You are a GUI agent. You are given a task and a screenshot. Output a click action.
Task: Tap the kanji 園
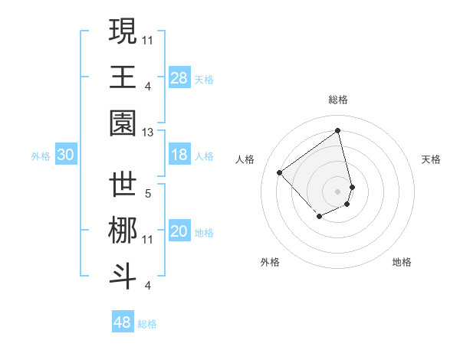click(x=123, y=123)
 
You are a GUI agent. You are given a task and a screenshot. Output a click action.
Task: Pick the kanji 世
click(x=123, y=186)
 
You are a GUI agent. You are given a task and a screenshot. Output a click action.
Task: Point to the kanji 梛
click(x=123, y=232)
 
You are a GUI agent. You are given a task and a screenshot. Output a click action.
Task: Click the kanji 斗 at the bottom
click(x=123, y=278)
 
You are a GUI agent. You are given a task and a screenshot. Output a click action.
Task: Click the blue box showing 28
click(x=179, y=77)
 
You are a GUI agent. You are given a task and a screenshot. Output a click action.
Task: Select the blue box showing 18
click(x=179, y=155)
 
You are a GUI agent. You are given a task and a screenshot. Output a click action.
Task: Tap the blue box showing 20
click(x=179, y=232)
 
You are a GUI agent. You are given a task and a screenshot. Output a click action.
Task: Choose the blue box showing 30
click(x=66, y=155)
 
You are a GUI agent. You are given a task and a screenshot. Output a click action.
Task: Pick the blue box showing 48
click(x=123, y=322)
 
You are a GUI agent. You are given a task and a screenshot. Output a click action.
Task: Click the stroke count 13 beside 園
click(x=147, y=133)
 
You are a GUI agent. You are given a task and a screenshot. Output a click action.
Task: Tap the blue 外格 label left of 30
click(x=41, y=155)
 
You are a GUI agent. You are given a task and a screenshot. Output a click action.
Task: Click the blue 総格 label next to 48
click(x=147, y=324)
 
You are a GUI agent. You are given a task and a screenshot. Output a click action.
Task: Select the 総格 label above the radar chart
click(x=337, y=100)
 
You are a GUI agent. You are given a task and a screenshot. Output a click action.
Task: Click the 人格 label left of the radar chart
click(x=245, y=159)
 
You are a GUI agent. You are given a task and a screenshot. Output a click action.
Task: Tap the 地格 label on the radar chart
click(x=402, y=262)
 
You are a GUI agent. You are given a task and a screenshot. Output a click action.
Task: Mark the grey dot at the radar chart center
click(x=337, y=191)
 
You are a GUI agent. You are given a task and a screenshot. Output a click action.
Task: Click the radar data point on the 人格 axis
click(x=280, y=173)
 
